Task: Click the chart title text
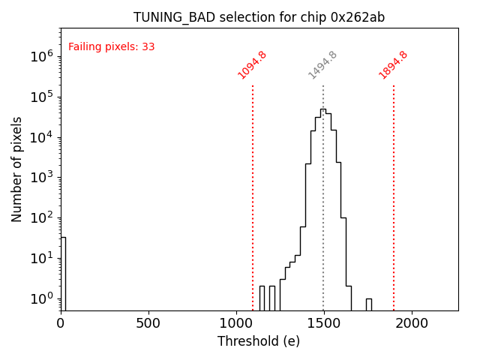[x=259, y=17]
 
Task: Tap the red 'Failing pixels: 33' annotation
[x=112, y=47]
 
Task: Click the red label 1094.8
[x=253, y=65]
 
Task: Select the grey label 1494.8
[x=323, y=65]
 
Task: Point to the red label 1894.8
[x=394, y=65]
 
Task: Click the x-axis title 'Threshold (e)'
[x=259, y=341]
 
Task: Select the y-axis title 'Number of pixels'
[x=17, y=169]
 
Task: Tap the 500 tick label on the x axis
[x=148, y=322]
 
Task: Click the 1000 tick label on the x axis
[x=236, y=322]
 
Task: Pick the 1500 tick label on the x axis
[x=324, y=322]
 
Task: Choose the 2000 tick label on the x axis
[x=412, y=322]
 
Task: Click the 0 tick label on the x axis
[x=61, y=322]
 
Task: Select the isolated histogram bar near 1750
[x=369, y=304]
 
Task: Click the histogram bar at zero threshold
[x=63, y=274]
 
